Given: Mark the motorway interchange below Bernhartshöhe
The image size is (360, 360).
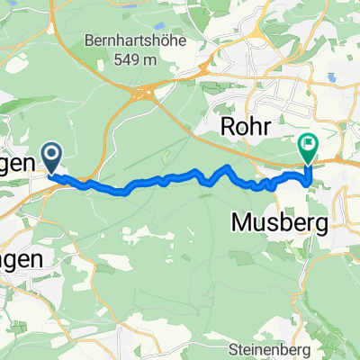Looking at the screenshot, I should coord(144,93).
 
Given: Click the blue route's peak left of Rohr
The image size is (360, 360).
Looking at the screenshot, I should coord(227,167).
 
